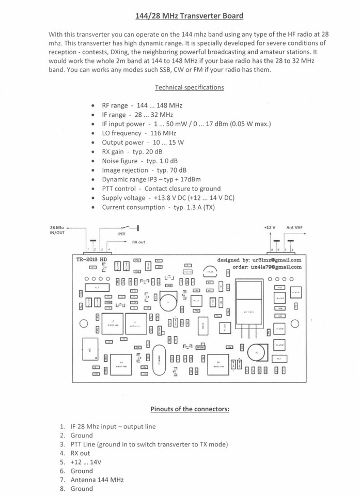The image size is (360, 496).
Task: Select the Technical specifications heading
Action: click(x=189, y=87)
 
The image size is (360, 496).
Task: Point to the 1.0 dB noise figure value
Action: click(x=158, y=161)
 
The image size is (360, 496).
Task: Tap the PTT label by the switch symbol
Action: click(x=122, y=234)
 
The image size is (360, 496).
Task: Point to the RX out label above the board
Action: click(x=138, y=242)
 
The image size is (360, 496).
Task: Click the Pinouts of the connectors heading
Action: click(x=190, y=409)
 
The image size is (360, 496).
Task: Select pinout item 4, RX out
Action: click(x=80, y=453)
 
